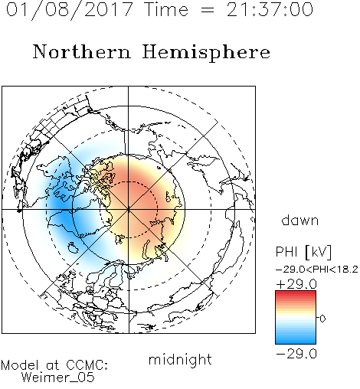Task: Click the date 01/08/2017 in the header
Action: [69, 10]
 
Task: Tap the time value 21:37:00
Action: [270, 9]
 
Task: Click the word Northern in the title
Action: [81, 51]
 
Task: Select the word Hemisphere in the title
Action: [206, 53]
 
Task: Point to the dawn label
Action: [300, 221]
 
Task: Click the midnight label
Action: [180, 359]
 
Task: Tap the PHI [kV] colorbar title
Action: [303, 252]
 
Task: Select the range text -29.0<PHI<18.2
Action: [317, 270]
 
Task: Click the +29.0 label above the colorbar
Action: [296, 284]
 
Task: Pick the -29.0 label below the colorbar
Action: [296, 354]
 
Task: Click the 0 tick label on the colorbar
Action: [322, 319]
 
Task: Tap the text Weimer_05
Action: [58, 378]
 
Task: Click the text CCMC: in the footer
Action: [87, 365]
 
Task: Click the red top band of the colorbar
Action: [296, 293]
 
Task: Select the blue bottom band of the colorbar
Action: [296, 342]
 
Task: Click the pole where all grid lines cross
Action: [129, 210]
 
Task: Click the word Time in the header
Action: [166, 9]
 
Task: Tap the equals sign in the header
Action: [208, 10]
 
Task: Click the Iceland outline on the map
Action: [73, 247]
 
